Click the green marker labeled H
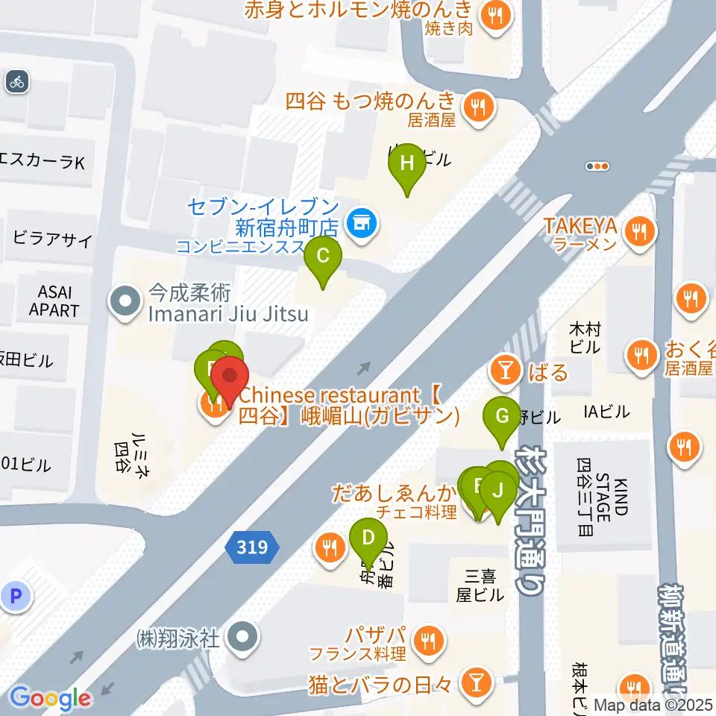click(x=407, y=163)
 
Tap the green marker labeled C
click(x=323, y=257)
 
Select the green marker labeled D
click(x=368, y=538)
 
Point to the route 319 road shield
click(x=252, y=548)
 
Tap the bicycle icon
click(x=17, y=82)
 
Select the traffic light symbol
click(x=598, y=166)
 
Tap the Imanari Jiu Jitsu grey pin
click(x=124, y=303)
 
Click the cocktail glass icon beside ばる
click(x=506, y=371)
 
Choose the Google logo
click(x=50, y=698)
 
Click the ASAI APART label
click(x=54, y=301)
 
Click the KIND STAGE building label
click(x=603, y=500)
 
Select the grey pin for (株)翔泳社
click(x=243, y=638)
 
